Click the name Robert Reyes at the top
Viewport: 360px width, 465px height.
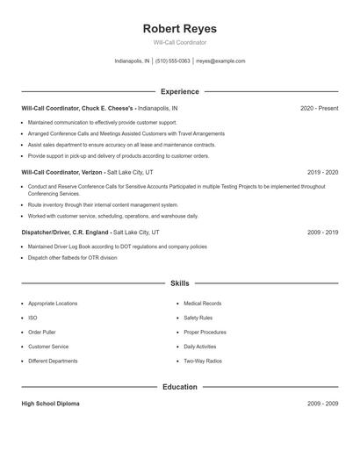(179, 28)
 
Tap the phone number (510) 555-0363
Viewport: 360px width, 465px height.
(173, 61)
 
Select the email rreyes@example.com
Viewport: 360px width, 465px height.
(220, 61)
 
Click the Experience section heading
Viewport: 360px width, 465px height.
(179, 91)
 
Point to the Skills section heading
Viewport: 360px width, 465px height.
(179, 283)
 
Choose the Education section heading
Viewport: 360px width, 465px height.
(179, 387)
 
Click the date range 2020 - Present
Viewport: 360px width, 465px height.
(319, 108)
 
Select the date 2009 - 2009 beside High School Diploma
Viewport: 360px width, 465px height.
(323, 404)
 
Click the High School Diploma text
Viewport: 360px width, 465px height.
(50, 404)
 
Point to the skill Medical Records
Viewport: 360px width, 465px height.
(202, 304)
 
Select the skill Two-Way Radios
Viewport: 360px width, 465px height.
(203, 361)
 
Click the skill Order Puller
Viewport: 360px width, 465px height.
(42, 333)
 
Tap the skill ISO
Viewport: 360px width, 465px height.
(32, 318)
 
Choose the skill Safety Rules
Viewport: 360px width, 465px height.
(198, 318)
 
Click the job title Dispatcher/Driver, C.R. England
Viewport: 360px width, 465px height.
(66, 232)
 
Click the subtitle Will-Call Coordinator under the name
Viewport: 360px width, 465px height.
(179, 42)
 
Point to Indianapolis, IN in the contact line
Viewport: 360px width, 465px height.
(133, 61)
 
